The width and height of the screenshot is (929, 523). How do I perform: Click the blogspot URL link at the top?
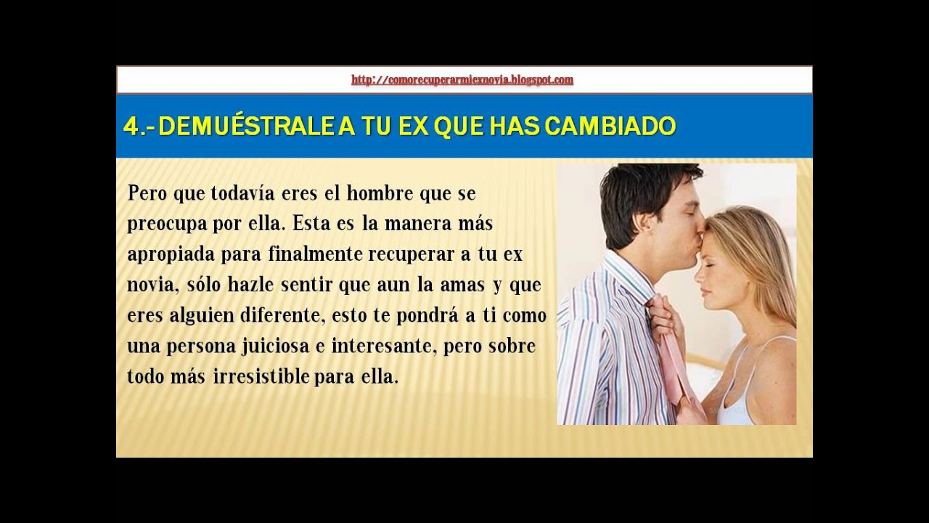pyautogui.click(x=462, y=80)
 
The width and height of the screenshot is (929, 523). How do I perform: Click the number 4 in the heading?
pyautogui.click(x=131, y=126)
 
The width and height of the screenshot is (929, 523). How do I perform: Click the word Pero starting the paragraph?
pyautogui.click(x=145, y=194)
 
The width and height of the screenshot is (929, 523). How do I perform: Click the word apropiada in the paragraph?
pyautogui.click(x=168, y=256)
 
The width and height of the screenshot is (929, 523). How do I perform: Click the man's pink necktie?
pyautogui.click(x=672, y=349)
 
